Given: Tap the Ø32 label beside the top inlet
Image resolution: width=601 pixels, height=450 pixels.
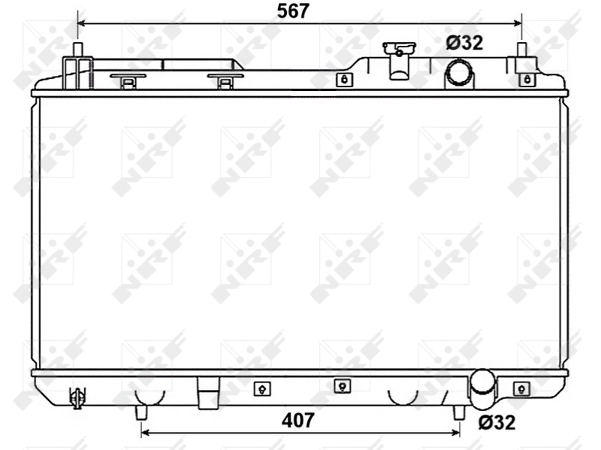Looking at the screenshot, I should [x=464, y=43].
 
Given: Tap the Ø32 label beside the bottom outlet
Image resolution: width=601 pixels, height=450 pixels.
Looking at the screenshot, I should [x=497, y=422].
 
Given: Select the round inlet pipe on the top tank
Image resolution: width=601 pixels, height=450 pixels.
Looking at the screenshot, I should [x=459, y=73].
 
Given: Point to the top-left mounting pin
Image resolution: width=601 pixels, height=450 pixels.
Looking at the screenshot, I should [x=77, y=50].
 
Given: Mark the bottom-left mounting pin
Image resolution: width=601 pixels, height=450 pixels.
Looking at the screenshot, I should [x=140, y=412].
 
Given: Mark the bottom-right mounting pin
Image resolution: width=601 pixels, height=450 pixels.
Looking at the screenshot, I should [x=459, y=412].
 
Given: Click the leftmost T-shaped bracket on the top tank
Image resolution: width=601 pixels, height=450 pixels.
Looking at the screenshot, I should [x=128, y=80].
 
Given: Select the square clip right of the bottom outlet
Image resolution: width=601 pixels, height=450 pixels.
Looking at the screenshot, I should [x=521, y=388].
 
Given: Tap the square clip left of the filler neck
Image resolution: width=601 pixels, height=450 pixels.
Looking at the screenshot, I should [x=343, y=80].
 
